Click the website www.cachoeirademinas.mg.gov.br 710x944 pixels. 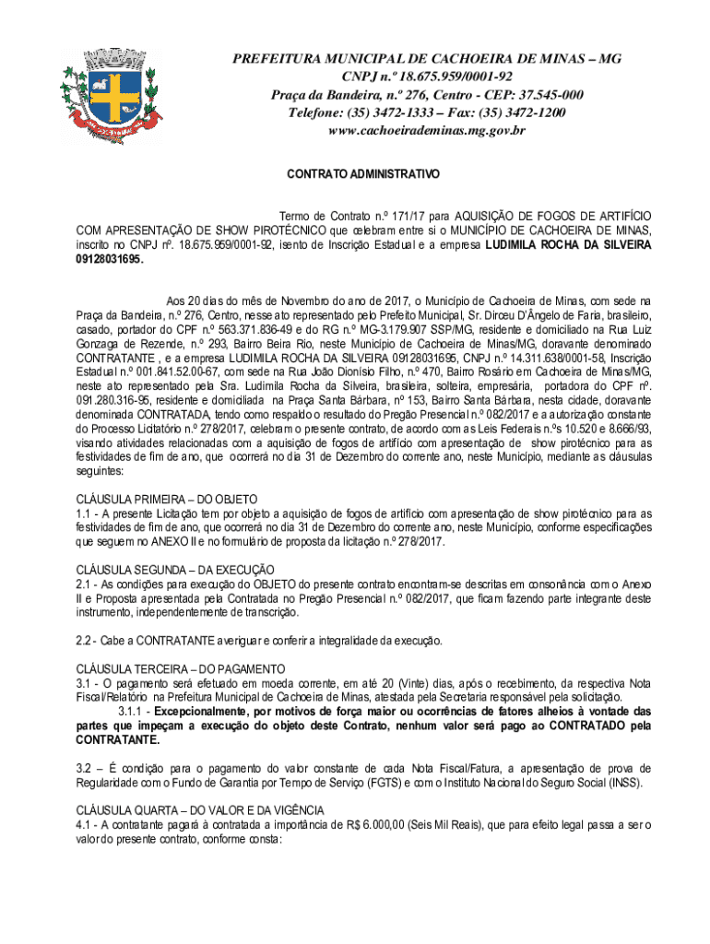[x=427, y=130]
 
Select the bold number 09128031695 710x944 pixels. [x=110, y=260]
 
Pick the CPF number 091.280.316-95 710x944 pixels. [x=113, y=402]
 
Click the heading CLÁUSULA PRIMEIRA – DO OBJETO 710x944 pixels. [x=166, y=499]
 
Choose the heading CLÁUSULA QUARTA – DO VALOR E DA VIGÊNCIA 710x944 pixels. [x=210, y=809]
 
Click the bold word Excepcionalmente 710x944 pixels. [x=207, y=711]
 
